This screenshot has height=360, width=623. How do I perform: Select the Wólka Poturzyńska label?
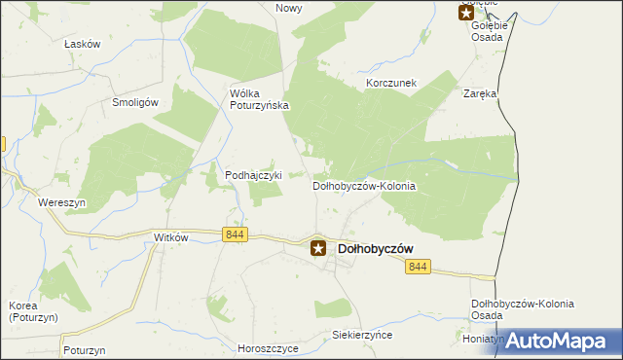(x=259, y=100)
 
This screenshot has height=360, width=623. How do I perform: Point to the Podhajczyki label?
(x=253, y=175)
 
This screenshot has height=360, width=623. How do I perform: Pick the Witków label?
(x=170, y=237)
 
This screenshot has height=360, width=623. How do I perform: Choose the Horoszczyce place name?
(x=268, y=347)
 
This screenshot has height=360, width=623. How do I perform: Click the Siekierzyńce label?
(x=361, y=334)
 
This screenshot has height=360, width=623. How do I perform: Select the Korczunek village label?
(x=391, y=84)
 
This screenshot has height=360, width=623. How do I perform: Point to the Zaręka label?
(x=480, y=94)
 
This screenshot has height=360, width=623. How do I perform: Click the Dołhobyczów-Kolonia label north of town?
(x=364, y=185)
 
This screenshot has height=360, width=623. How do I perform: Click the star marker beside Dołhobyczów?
(x=318, y=248)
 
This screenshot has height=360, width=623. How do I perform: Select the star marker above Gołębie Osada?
(x=466, y=13)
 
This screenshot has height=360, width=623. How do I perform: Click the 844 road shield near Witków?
(x=235, y=234)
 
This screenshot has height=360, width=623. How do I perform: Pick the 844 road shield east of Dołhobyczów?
(x=419, y=267)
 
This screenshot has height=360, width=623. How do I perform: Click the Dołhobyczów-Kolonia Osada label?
(x=523, y=310)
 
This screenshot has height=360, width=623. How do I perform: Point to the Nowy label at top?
(x=289, y=8)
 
